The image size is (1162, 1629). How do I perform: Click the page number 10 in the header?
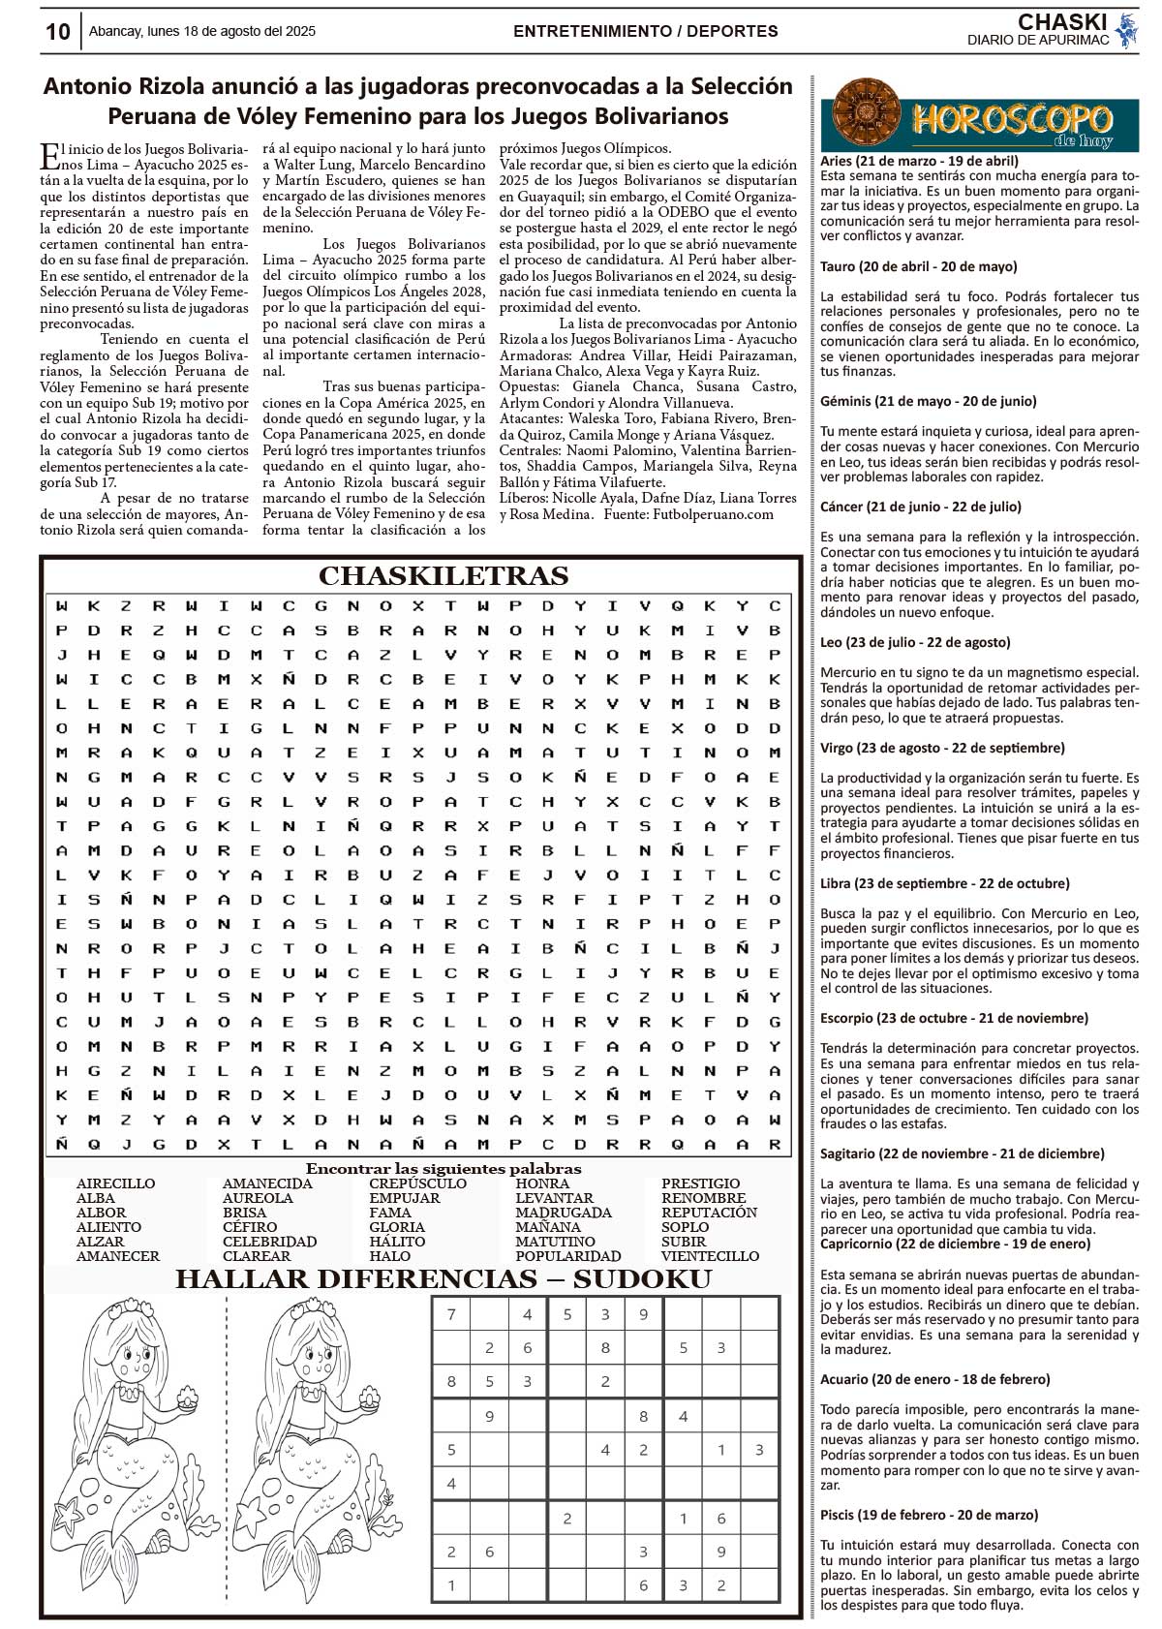[x=57, y=31]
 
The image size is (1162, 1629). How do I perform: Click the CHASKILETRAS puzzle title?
[x=443, y=576]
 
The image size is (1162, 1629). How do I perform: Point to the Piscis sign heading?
[x=929, y=1515]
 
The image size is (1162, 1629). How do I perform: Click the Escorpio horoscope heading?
[x=954, y=1018]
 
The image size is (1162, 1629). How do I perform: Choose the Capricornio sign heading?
[x=955, y=1244]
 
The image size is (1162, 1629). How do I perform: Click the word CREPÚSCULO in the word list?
[x=417, y=1183]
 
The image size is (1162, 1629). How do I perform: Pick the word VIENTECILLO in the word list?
[x=710, y=1256]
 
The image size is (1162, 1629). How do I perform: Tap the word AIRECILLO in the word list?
[x=115, y=1183]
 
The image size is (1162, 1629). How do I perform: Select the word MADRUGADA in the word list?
[x=563, y=1213]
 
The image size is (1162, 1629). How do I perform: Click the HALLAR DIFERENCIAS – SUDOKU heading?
[x=443, y=1279]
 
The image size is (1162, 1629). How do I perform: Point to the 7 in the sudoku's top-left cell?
[x=451, y=1314]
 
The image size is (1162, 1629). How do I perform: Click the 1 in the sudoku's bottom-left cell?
[x=451, y=1585]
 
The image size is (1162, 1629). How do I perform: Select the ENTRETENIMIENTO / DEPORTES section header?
[x=645, y=31]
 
